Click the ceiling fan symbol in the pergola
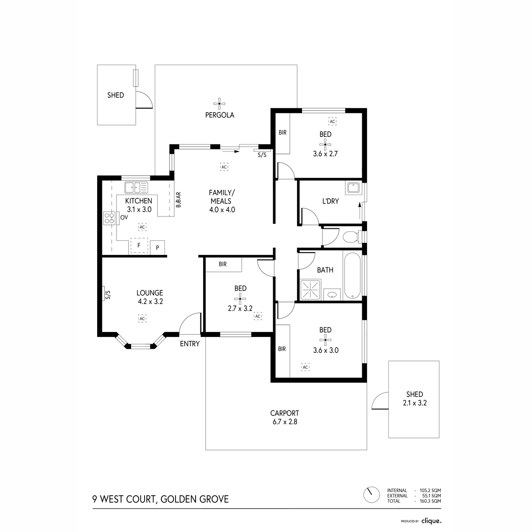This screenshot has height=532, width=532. point(219,105)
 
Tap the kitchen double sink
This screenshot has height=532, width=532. point(137,188)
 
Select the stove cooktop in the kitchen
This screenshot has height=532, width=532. point(110,218)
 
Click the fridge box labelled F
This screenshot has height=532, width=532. point(139,246)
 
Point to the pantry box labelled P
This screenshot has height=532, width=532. point(158,247)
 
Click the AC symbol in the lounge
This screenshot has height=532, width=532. point(142,318)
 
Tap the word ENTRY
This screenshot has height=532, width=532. point(190,344)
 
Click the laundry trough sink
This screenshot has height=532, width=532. point(353,188)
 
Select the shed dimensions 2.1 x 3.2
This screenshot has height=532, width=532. point(414,403)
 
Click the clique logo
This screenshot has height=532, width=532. point(431,521)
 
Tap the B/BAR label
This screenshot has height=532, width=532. point(179,200)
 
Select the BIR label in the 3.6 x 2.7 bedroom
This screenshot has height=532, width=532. point(282,132)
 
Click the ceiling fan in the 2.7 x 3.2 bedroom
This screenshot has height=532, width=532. point(240,298)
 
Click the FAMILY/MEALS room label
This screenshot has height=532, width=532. point(222,201)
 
